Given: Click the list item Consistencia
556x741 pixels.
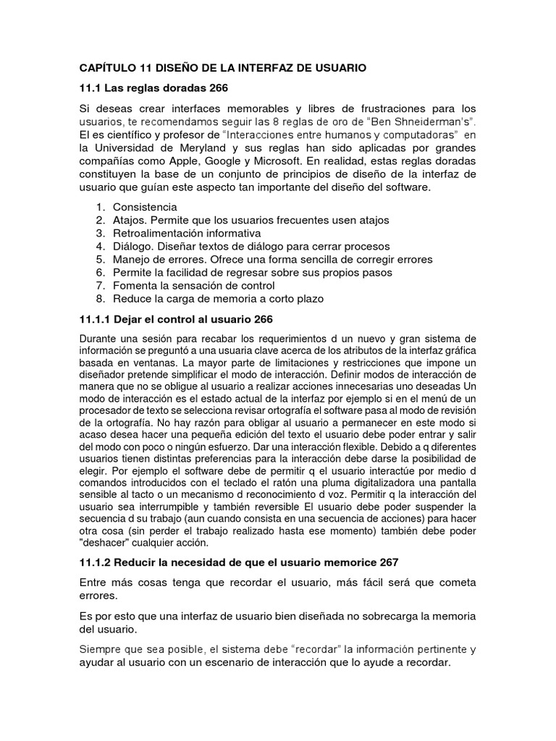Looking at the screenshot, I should [x=145, y=208].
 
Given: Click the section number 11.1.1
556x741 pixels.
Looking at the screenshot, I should [x=97, y=319].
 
